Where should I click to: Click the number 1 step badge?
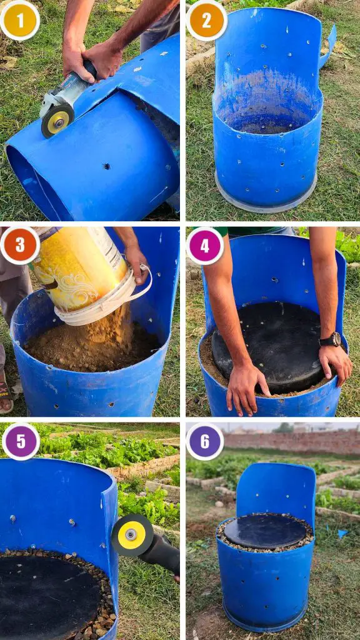(19, 21)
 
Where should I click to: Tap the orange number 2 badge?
(206, 21)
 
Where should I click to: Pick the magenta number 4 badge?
(205, 246)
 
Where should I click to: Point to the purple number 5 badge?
(21, 442)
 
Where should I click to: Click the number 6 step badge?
(205, 442)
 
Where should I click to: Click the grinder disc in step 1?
(57, 121)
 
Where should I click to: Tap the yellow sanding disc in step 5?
(132, 535)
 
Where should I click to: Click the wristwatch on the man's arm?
(331, 339)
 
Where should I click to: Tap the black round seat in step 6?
(265, 531)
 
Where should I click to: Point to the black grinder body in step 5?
(162, 552)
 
